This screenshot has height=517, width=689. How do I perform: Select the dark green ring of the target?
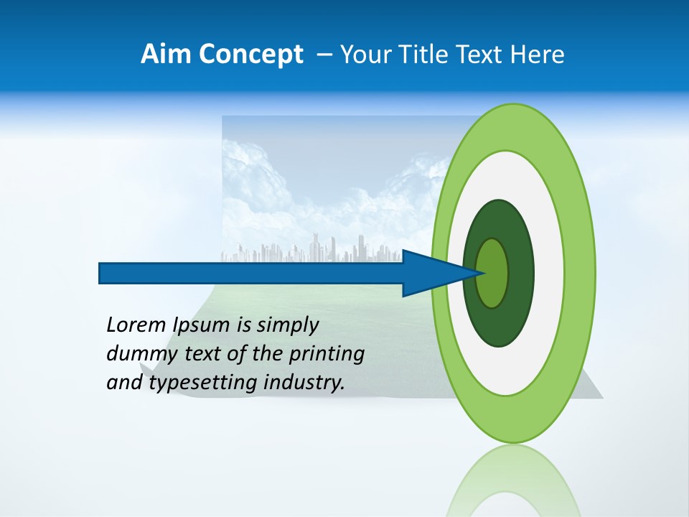tap(520, 273)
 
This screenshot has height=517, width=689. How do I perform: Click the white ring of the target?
tap(548, 273)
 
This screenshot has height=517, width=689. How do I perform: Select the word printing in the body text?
tap(327, 355)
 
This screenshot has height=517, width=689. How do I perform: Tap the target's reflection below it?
tap(514, 481)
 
